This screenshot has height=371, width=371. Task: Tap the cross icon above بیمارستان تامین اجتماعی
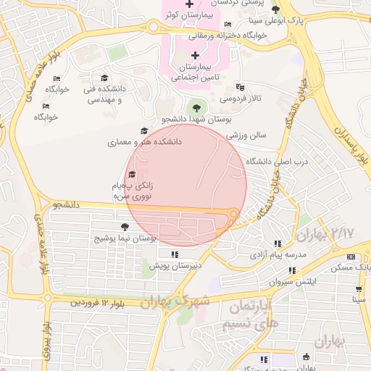coord(194,56)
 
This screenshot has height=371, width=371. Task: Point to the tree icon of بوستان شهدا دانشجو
coord(195,107)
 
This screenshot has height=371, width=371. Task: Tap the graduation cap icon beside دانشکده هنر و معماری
coord(144,131)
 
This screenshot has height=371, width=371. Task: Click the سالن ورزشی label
coord(246,135)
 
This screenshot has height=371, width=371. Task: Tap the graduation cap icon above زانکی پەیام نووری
coord(131,174)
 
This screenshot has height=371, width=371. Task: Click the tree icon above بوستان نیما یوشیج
coord(125,227)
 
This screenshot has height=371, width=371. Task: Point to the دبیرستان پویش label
coord(175,266)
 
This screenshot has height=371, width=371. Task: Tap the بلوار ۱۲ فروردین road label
coord(97,301)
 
